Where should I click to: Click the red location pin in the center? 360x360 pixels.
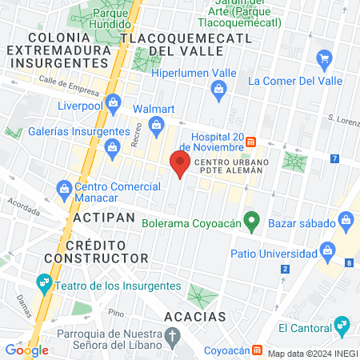tap(180, 163)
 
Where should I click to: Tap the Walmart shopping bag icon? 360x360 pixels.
tap(156, 123)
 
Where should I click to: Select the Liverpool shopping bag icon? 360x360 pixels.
tap(113, 102)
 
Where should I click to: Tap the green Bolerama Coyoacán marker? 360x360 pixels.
tap(251, 220)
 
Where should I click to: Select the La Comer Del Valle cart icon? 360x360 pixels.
tap(324, 58)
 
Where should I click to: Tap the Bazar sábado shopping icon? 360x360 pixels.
tap(346, 218)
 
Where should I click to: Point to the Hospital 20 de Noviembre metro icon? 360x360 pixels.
tap(250, 142)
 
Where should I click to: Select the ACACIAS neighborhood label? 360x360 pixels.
tap(195, 317)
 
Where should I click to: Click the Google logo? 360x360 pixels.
tap(27, 350)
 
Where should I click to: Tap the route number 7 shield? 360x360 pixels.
tap(333, 158)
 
